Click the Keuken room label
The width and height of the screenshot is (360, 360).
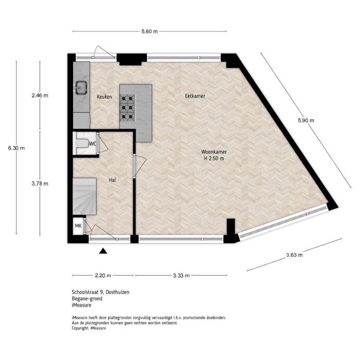pyautogui.click(x=104, y=97)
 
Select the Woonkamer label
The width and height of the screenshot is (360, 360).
pyautogui.click(x=214, y=152)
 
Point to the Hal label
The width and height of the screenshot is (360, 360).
pyautogui.click(x=112, y=180)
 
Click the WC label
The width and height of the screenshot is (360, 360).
pyautogui.click(x=93, y=144)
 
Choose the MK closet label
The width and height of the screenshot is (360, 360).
pyautogui.click(x=78, y=226)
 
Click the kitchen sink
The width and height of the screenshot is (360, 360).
pyautogui.click(x=81, y=88)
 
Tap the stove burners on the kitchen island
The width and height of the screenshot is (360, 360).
pyautogui.click(x=128, y=105)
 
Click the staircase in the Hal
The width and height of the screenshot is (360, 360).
pyautogui.click(x=85, y=195)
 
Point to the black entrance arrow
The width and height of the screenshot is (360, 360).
pyautogui.click(x=103, y=251)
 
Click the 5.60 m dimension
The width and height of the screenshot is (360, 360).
pyautogui.click(x=149, y=31)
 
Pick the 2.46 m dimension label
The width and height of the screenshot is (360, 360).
pyautogui.click(x=40, y=96)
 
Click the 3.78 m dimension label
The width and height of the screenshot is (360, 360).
pyautogui.click(x=40, y=183)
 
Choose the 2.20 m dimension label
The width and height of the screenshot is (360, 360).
pyautogui.click(x=103, y=276)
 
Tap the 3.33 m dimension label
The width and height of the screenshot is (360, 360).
pyautogui.click(x=181, y=276)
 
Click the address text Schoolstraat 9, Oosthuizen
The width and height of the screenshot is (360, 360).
pyautogui.click(x=100, y=292)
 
